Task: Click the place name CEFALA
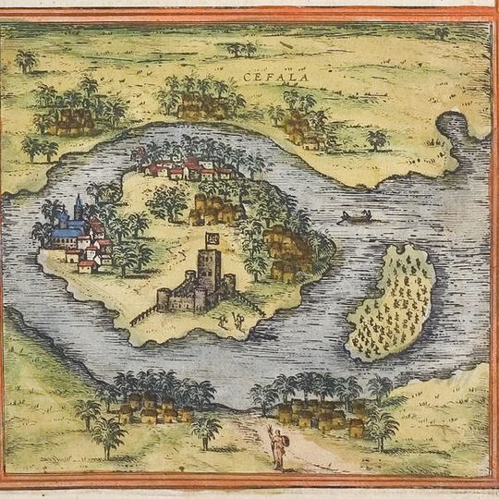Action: (x=269, y=64)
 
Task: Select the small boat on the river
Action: (x=357, y=218)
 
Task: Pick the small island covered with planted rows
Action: (x=391, y=303)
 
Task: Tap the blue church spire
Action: (x=79, y=205)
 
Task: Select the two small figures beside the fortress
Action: (x=230, y=321)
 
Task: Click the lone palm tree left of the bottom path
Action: (x=205, y=430)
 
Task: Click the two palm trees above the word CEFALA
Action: (x=242, y=48)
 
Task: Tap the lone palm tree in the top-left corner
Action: (x=26, y=61)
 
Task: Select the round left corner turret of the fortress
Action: (x=164, y=299)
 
